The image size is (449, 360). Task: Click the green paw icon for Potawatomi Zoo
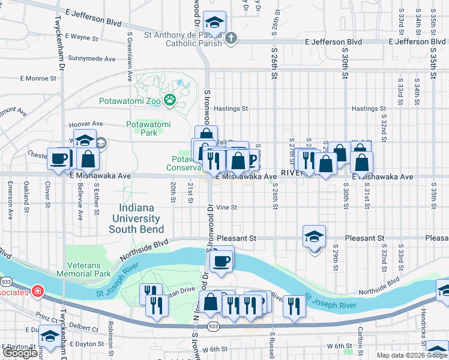click(170, 100)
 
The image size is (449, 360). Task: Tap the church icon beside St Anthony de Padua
click(231, 38)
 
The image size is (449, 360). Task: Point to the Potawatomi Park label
click(148, 128)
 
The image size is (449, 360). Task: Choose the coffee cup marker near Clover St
click(59, 159)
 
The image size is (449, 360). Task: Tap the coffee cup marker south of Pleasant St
click(221, 261)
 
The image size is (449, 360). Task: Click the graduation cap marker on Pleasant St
click(314, 237)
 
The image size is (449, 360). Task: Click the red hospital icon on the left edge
click(38, 291)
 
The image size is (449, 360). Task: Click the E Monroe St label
click(38, 78)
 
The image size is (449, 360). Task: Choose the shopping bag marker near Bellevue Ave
click(88, 160)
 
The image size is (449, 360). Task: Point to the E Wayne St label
click(81, 37)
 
